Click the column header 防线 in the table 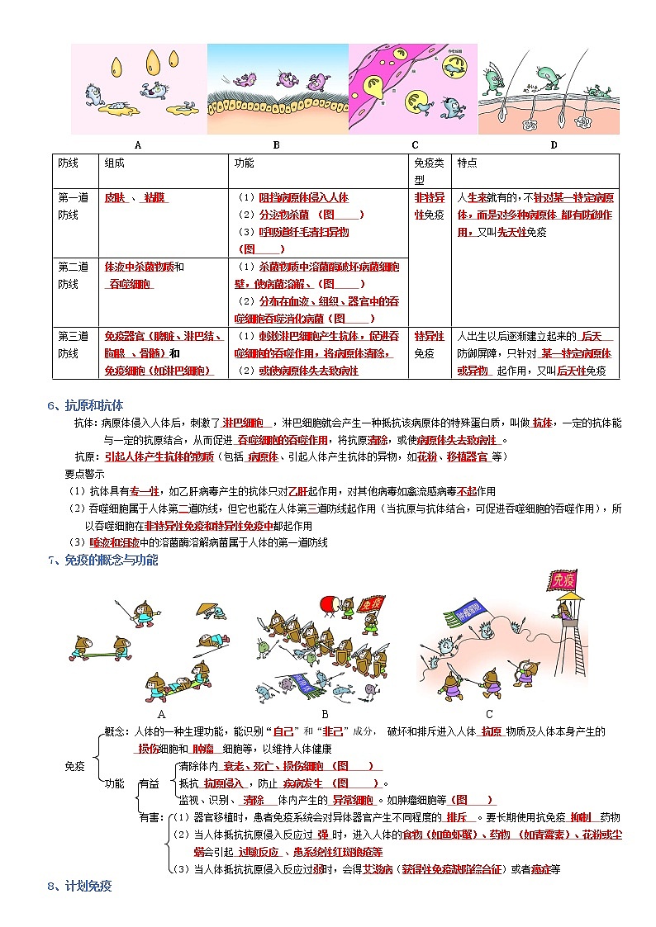tap(68, 163)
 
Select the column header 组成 tap(114, 163)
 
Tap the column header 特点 tap(467, 163)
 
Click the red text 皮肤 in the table tap(114, 198)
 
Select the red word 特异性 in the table tap(429, 337)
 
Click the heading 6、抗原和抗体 tap(85, 405)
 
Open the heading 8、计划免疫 tap(79, 887)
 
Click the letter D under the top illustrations tap(554, 145)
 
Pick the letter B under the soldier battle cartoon tap(325, 714)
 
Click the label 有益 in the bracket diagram tap(149, 783)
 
